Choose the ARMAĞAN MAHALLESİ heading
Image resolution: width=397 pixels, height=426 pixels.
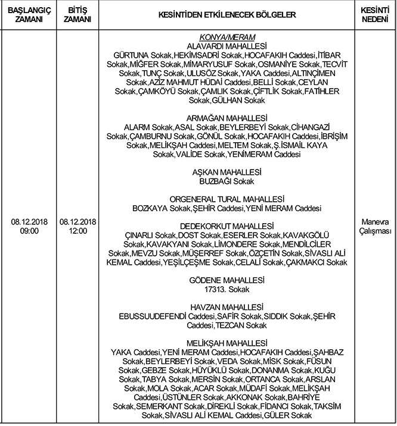coord(225,118)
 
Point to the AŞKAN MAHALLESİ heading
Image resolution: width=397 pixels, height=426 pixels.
coord(225,171)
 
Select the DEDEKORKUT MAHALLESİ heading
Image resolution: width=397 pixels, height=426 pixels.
coord(225,227)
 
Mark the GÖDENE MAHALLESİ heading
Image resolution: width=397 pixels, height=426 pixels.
coord(225,280)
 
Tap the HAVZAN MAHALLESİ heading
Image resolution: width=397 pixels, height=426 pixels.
coord(225,306)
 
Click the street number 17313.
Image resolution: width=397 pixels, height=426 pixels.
coord(215,289)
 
